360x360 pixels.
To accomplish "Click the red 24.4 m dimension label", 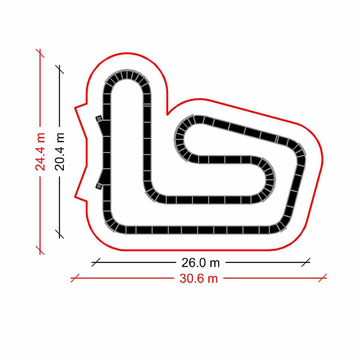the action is point(40,152).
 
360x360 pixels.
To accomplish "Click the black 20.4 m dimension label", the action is point(60,152).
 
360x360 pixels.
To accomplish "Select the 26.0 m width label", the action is point(201,263).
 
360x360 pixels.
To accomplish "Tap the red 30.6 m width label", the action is point(199,279).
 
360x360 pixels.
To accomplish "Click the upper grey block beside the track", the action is point(99,118).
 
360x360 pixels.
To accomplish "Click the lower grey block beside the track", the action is point(99,186).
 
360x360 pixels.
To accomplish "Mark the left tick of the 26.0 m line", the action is point(96,262).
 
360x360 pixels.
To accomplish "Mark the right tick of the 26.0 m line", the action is point(306,262).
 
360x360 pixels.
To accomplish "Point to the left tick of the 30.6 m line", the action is point(75,278).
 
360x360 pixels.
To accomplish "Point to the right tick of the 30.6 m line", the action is point(322,278).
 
